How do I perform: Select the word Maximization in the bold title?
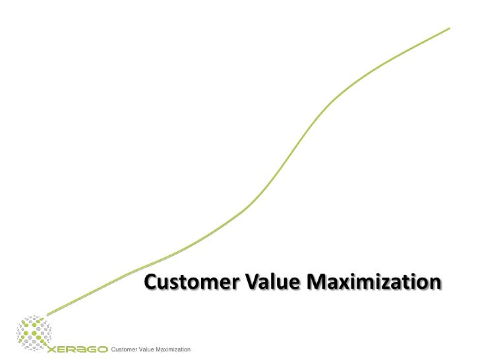point(374,284)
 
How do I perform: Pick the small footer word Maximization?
point(174,349)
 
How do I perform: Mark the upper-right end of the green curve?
point(450,28)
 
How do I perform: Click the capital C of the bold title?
point(152,284)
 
